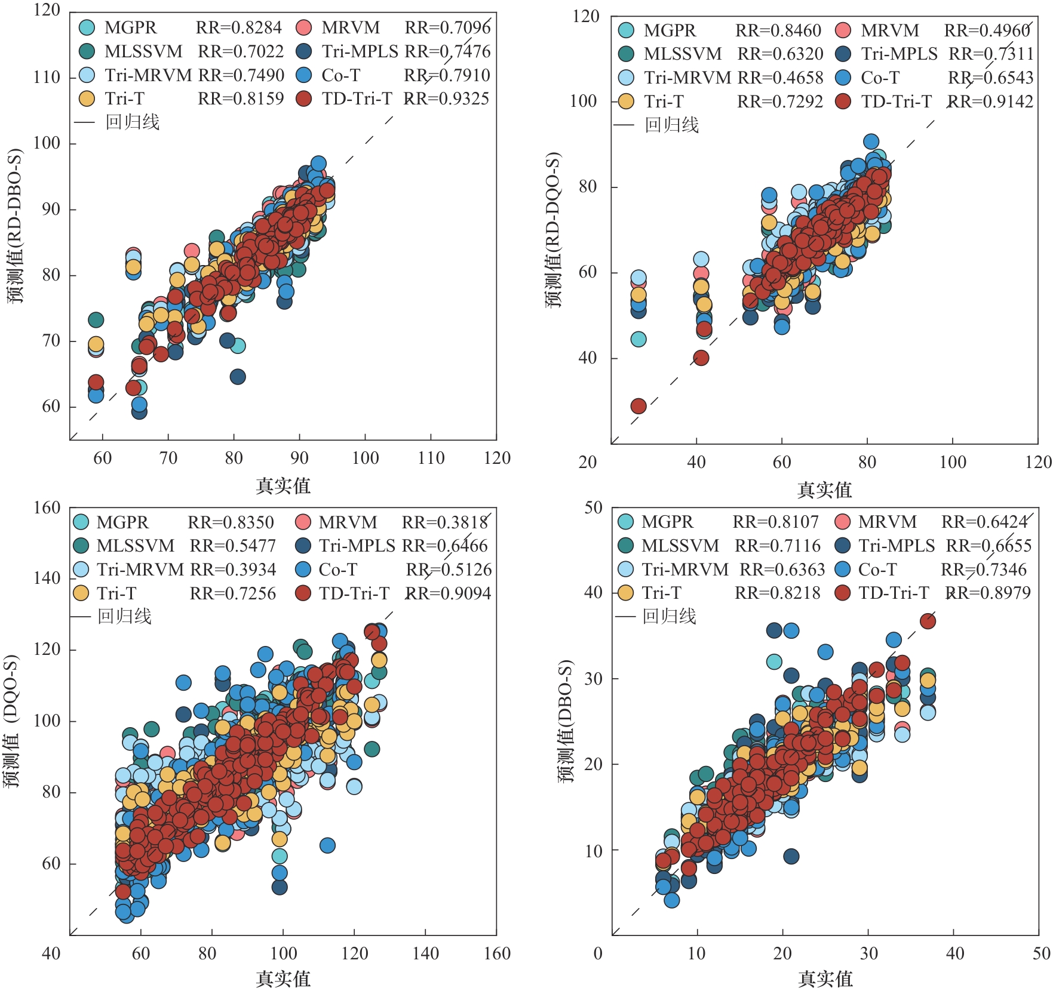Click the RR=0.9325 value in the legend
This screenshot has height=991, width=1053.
pos(446,99)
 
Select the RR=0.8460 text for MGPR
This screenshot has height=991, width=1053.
pos(778,30)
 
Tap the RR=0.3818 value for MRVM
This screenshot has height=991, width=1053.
pos(445,522)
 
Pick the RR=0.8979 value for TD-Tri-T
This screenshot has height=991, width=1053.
pos(988,593)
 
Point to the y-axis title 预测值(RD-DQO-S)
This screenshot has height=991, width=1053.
pos(553,230)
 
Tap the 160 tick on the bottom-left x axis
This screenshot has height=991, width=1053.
pos(497,953)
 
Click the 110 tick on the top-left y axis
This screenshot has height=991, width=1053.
pos(47,77)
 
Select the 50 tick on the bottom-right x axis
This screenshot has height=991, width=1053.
pos(1041,953)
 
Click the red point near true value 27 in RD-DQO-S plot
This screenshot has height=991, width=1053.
pos(638,406)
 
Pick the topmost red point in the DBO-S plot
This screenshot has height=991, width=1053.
pos(928,621)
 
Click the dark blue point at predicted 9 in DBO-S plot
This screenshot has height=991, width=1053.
pos(791,856)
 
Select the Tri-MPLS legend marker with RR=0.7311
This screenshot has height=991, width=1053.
pos(843,54)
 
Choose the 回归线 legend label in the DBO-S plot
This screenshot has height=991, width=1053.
pos(669,616)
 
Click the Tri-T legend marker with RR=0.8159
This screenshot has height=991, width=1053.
pos(87,99)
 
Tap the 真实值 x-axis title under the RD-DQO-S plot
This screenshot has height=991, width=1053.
pos(824,490)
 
